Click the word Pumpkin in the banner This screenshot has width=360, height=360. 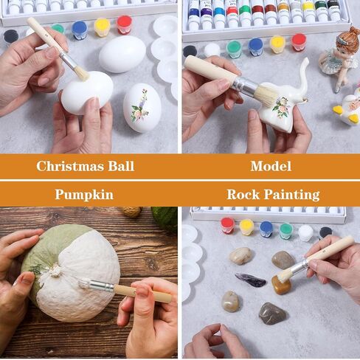[x=84, y=195]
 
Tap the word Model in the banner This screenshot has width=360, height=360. [x=271, y=166]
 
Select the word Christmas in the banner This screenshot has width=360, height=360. [x=70, y=166]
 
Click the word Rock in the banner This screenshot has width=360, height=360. [x=243, y=195]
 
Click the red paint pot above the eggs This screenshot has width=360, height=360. [x=125, y=24]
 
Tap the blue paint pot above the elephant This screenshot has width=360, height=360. [x=256, y=46]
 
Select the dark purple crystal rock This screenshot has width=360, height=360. [x=250, y=280]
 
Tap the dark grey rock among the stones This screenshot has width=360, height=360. [x=272, y=314]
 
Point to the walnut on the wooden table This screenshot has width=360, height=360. [x=131, y=212]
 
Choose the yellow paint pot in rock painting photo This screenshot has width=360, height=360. [x=246, y=226]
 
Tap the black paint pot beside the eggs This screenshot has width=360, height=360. [x=11, y=37]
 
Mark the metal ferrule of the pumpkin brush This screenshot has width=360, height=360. [x=101, y=285]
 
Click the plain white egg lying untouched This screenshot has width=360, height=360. [x=122, y=54]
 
